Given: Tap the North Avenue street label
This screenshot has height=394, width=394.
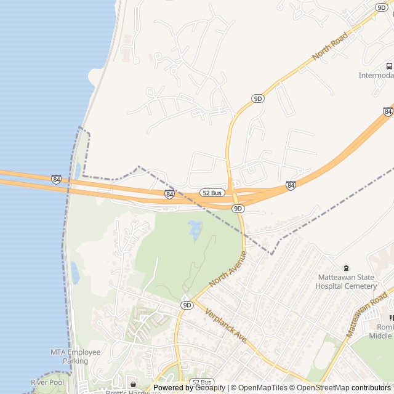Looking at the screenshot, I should click(228, 268).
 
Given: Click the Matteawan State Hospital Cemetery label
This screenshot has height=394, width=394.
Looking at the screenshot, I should click(346, 281).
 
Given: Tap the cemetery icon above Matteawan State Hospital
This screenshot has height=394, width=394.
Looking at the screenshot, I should click(346, 268).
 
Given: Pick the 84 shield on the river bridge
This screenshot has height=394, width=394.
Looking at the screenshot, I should click(56, 179).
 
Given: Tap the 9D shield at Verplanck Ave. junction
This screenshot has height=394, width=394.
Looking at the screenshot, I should click(187, 305).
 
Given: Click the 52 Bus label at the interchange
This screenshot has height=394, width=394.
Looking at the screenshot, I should click(212, 193).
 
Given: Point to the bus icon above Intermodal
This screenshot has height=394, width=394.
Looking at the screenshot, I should click(389, 66).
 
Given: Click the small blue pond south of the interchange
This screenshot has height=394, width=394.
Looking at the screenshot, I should click(195, 230).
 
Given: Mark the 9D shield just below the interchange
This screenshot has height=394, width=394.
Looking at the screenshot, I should click(238, 209).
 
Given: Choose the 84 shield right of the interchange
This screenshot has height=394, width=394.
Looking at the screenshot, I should click(291, 185).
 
